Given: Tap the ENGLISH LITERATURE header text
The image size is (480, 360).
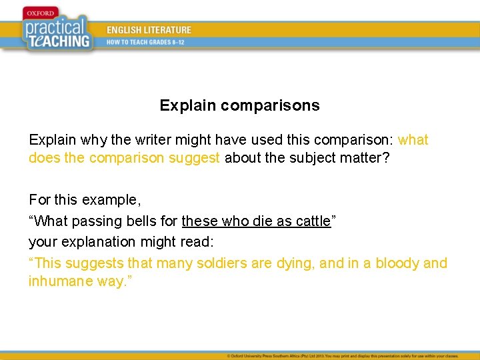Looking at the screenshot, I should tap(149, 30).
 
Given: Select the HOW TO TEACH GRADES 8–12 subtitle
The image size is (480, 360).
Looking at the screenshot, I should tap(145, 42).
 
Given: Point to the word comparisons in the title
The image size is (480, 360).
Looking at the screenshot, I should tap(270, 105).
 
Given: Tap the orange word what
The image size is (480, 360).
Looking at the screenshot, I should tap(413, 140).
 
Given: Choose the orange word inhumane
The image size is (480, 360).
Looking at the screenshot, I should tap(60, 281).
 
